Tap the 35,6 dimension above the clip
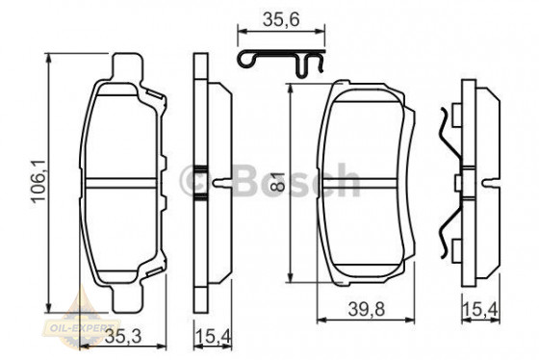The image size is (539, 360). (281, 19)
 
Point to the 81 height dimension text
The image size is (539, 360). (280, 181)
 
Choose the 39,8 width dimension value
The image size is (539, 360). (366, 309)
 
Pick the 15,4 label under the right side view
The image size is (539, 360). (481, 309)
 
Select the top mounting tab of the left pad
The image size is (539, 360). (128, 67)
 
